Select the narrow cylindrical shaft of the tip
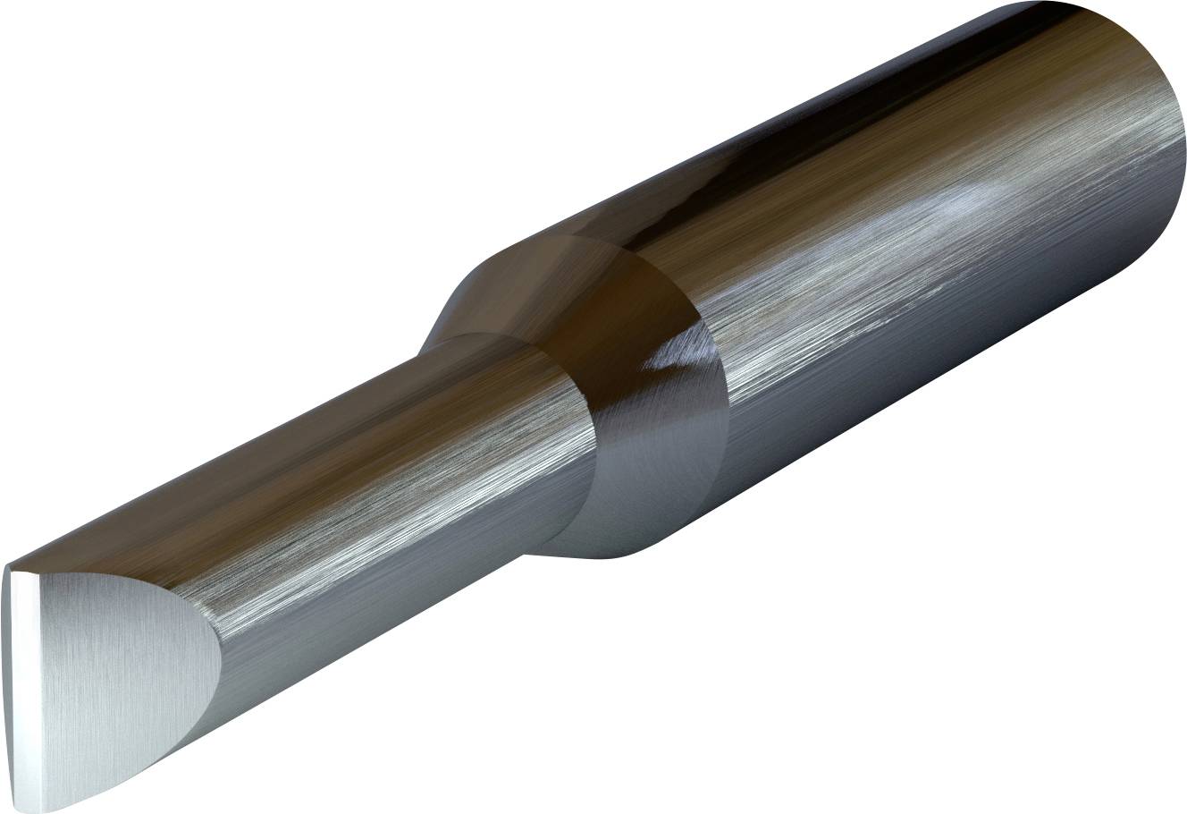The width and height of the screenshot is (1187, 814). [358, 501]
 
